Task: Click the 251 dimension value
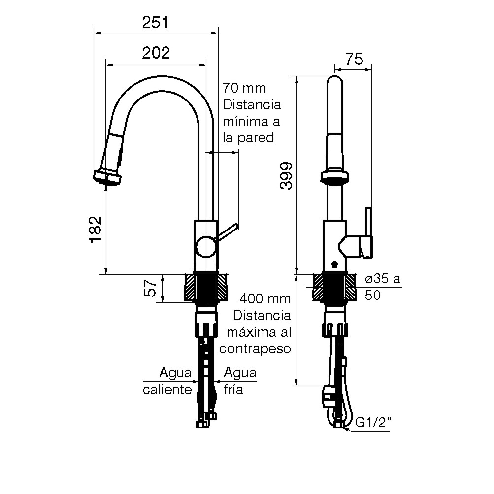[x=155, y=22]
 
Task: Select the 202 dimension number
[x=156, y=53]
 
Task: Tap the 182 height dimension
[x=96, y=229]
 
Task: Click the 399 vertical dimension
[x=287, y=176]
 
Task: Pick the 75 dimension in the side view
[x=354, y=59]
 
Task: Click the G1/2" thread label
[x=373, y=423]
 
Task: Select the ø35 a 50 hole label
[x=382, y=287]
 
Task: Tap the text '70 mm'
[x=244, y=89]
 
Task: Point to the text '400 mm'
[x=265, y=299]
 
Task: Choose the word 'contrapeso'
[x=255, y=348]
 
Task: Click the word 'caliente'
[x=167, y=390]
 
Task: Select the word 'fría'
[x=233, y=390]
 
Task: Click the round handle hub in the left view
[x=204, y=246]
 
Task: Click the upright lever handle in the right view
[x=367, y=231]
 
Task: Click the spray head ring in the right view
[x=335, y=176]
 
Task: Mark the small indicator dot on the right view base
[x=335, y=263]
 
